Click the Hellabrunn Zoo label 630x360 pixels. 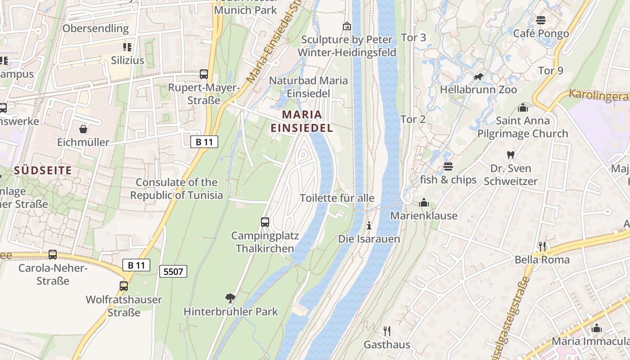tap(478, 90)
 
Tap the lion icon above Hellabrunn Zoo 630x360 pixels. tap(478, 77)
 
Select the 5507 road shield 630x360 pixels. tap(173, 271)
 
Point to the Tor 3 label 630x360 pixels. tap(413, 38)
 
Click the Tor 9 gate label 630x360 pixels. tap(550, 71)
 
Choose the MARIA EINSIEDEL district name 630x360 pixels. tap(302, 121)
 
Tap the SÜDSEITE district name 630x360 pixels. tap(43, 170)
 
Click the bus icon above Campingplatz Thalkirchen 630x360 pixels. tap(265, 222)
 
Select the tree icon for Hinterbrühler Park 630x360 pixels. tap(230, 298)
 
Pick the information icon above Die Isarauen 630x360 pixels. tap(369, 225)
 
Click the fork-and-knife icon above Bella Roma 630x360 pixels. tap(542, 246)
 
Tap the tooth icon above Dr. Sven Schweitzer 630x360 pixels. tap(510, 155)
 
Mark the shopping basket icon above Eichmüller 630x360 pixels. tap(83, 130)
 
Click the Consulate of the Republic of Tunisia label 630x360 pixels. tap(176, 189)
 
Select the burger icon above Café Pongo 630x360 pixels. tap(541, 20)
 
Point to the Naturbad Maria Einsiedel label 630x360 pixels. tap(308, 87)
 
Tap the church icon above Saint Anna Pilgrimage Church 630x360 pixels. tap(522, 108)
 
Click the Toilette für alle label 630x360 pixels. tap(337, 198)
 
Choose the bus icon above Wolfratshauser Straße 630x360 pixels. tap(124, 286)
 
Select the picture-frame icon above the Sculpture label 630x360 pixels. tap(346, 26)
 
